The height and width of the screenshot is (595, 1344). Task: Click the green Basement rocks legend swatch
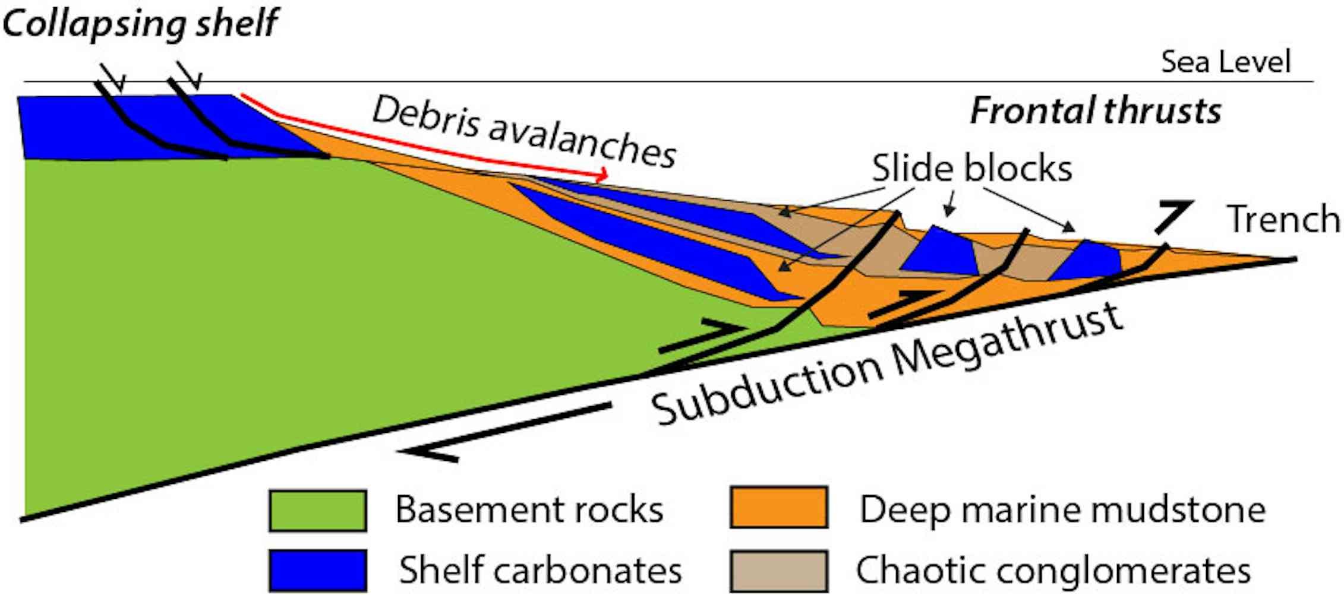(x=317, y=510)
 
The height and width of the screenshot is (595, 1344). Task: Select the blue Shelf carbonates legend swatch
(x=317, y=570)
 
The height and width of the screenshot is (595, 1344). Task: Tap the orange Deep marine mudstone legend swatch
(x=778, y=508)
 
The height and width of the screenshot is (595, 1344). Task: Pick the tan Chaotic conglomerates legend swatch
(x=778, y=571)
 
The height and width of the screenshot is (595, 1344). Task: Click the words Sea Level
(x=1226, y=62)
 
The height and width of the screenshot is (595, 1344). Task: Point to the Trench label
(x=1283, y=219)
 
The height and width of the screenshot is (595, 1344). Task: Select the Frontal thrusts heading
(x=1095, y=111)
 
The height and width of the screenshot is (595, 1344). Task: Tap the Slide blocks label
(x=971, y=168)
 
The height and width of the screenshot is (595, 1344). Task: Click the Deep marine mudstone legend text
(x=1062, y=509)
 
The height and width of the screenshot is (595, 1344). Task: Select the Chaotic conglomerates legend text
(x=1053, y=571)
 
